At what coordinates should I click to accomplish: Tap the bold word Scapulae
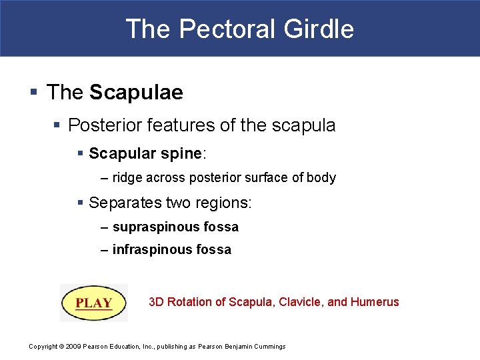tap(136, 93)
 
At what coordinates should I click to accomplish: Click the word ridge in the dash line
tap(126, 178)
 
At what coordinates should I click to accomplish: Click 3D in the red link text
tap(156, 302)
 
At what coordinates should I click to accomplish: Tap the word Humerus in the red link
tap(375, 302)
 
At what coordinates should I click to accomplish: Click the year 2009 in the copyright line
tap(73, 346)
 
